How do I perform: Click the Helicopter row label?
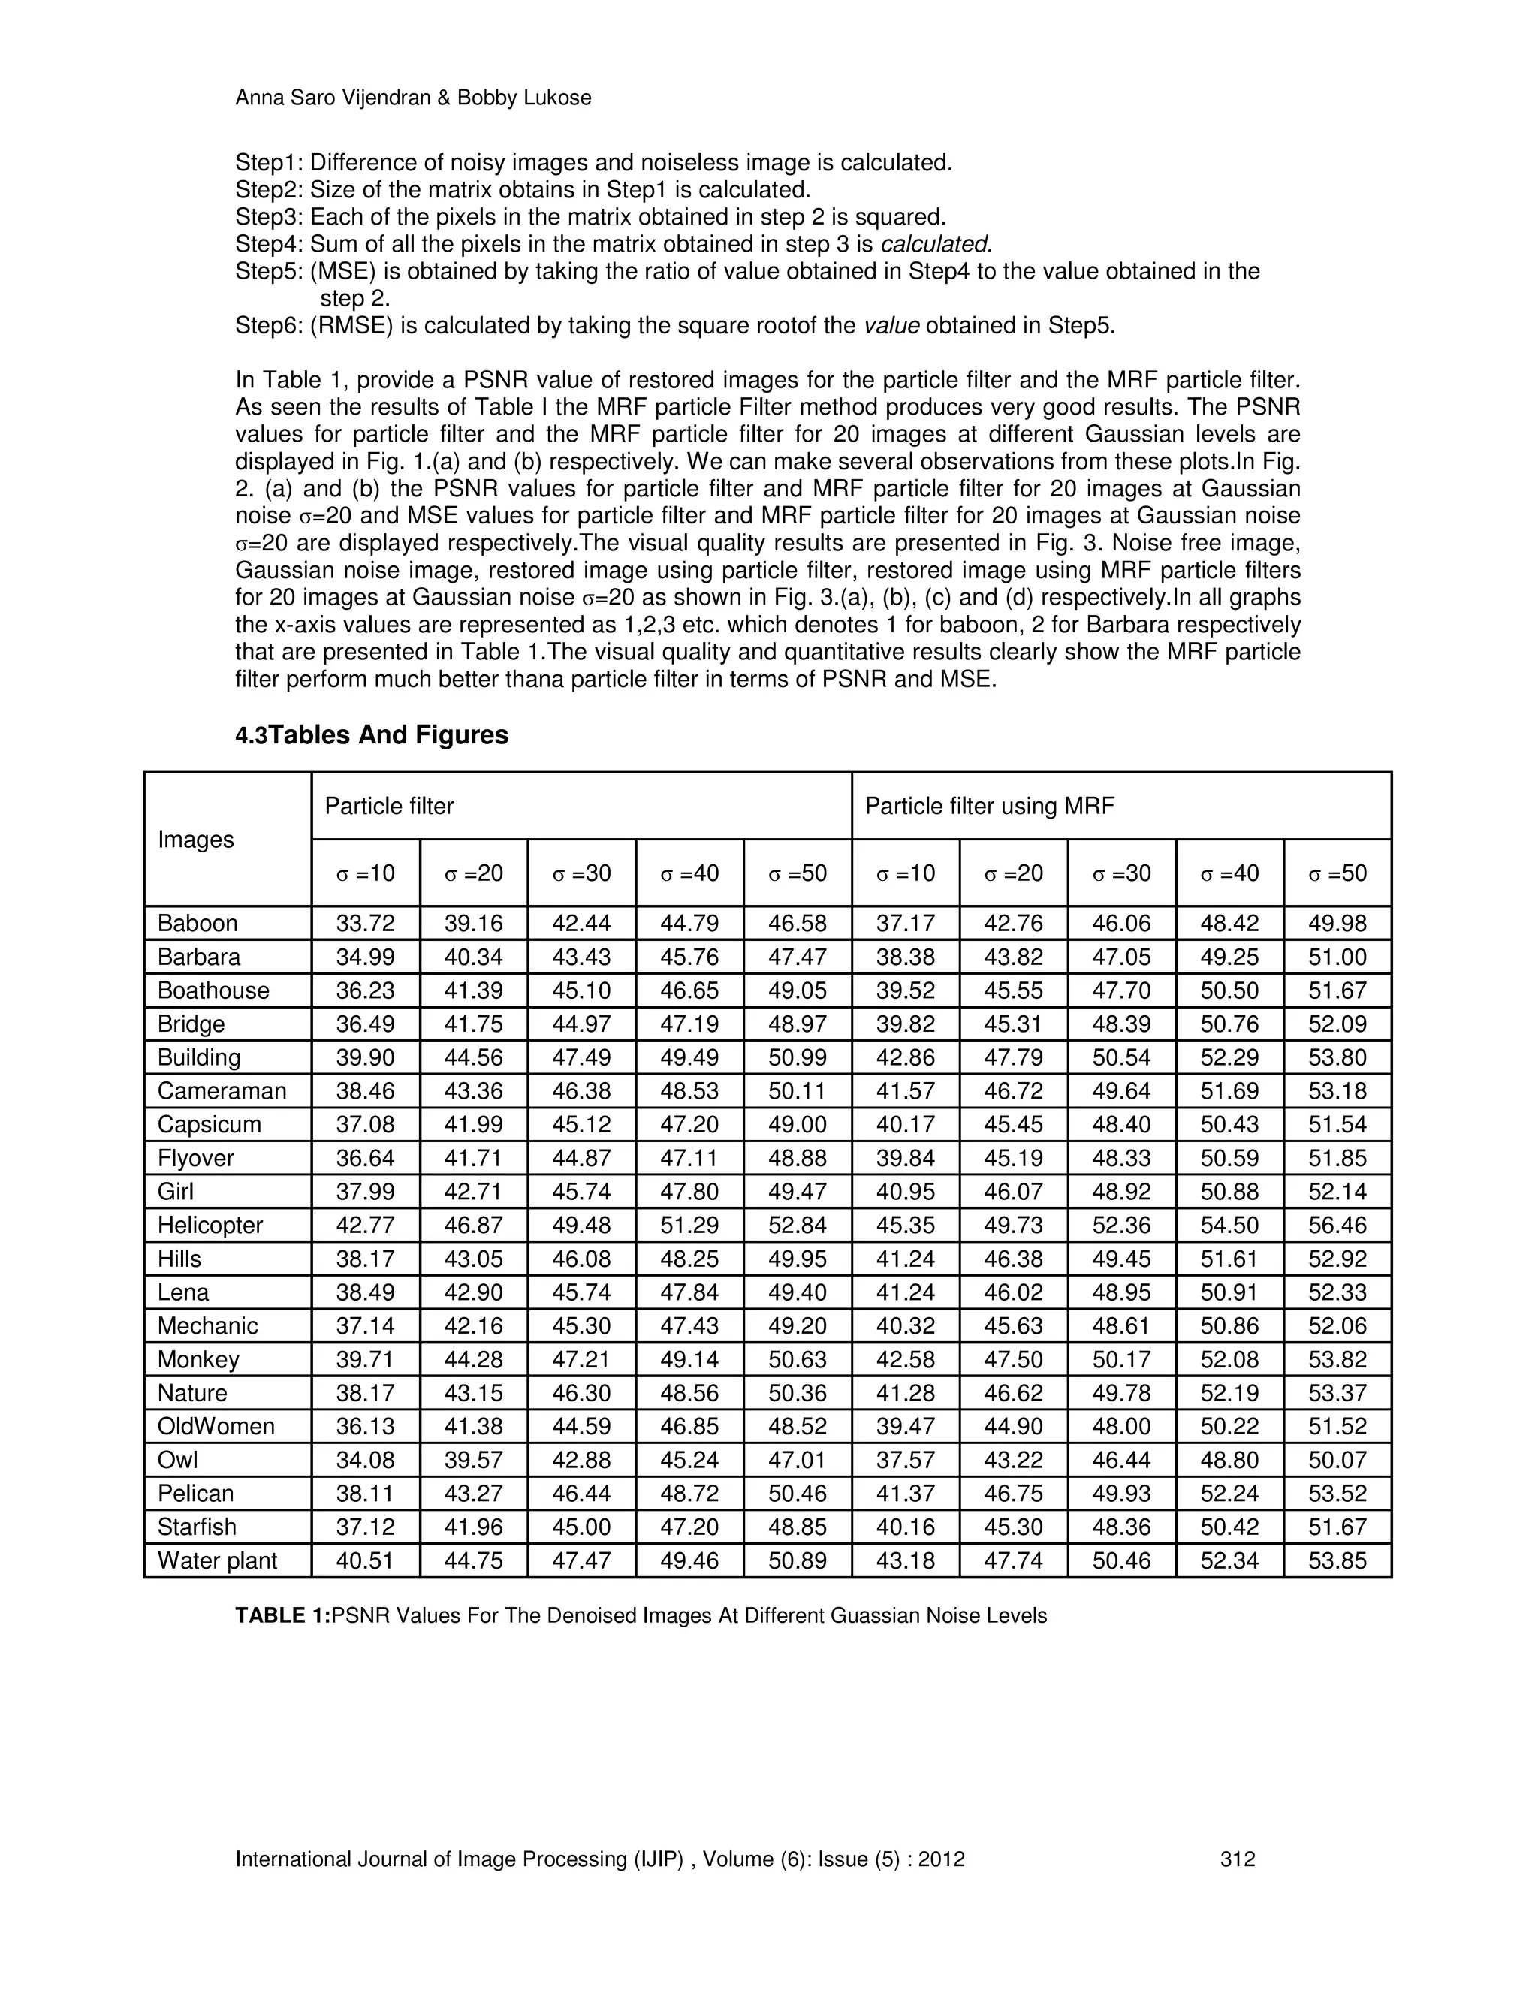pyautogui.click(x=210, y=1226)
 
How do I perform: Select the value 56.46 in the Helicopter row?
pyautogui.click(x=1337, y=1226)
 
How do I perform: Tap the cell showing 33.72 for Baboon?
pyautogui.click(x=366, y=923)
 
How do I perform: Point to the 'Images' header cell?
pyautogui.click(x=196, y=840)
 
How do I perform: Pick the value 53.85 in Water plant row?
pyautogui.click(x=1337, y=1561)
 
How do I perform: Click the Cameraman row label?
pyautogui.click(x=222, y=1092)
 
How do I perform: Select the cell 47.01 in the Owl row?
pyautogui.click(x=798, y=1461)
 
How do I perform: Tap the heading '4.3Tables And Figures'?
pyautogui.click(x=372, y=734)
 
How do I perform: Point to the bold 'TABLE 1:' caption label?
pyautogui.click(x=282, y=1615)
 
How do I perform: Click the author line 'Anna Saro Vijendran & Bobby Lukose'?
pyautogui.click(x=413, y=98)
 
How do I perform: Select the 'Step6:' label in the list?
pyautogui.click(x=269, y=326)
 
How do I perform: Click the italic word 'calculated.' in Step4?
pyautogui.click(x=936, y=244)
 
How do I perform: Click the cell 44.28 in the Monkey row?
pyautogui.click(x=473, y=1359)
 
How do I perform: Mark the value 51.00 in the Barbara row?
pyautogui.click(x=1337, y=957)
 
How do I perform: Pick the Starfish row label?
pyautogui.click(x=197, y=1527)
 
